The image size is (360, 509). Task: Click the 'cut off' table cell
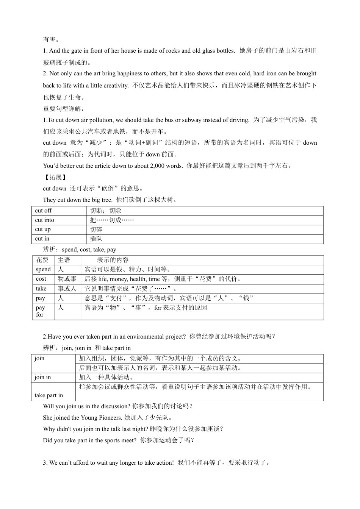(44, 211)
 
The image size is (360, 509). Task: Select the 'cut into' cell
(45, 220)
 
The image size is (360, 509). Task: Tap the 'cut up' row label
(43, 230)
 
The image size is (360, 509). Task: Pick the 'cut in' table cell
(42, 239)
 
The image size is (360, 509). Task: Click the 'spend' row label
(43, 270)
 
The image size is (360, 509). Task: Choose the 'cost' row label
(41, 279)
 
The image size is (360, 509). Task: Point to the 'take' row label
(41, 289)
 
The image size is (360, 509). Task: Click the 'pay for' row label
(40, 311)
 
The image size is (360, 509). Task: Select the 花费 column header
(42, 260)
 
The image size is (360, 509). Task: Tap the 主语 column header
(64, 260)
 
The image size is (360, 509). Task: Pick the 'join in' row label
(42, 377)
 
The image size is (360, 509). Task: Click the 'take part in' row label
(49, 395)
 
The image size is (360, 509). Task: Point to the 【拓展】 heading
(55, 177)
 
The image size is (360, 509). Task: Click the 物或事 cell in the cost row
(67, 279)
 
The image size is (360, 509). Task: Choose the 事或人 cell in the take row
(67, 289)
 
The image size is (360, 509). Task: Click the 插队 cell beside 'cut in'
(96, 239)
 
